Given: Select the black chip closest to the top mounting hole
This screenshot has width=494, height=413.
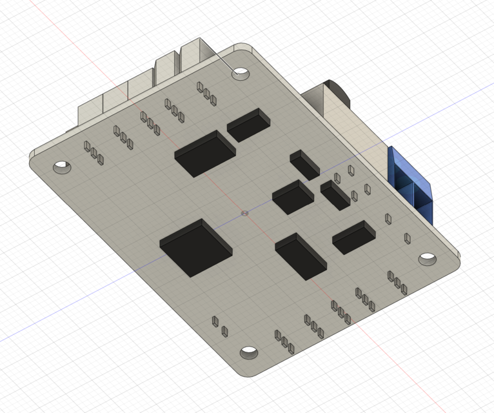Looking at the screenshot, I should [248, 125].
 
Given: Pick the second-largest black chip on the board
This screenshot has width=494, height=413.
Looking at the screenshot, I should [204, 153].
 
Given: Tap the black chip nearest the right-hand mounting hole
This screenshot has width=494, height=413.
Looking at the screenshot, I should [354, 237].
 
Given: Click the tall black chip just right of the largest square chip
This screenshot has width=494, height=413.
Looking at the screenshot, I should [301, 256].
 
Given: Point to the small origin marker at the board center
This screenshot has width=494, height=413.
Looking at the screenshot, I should [244, 212].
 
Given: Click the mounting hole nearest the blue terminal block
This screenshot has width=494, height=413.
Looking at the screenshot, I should [427, 259].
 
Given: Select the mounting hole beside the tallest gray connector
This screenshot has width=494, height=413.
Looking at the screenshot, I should [242, 73].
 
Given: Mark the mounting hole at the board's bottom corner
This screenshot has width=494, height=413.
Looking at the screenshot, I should [249, 353].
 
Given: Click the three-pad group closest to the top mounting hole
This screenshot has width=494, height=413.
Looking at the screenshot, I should [206, 93].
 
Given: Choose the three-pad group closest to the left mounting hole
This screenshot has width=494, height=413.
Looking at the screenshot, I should [94, 152].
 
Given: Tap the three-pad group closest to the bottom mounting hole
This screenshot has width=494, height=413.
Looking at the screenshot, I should [284, 341].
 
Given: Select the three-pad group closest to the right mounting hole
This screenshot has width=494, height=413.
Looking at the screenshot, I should [397, 282].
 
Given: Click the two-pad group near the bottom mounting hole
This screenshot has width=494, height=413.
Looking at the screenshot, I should [219, 327].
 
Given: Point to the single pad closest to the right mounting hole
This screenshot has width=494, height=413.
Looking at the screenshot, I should [408, 239].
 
